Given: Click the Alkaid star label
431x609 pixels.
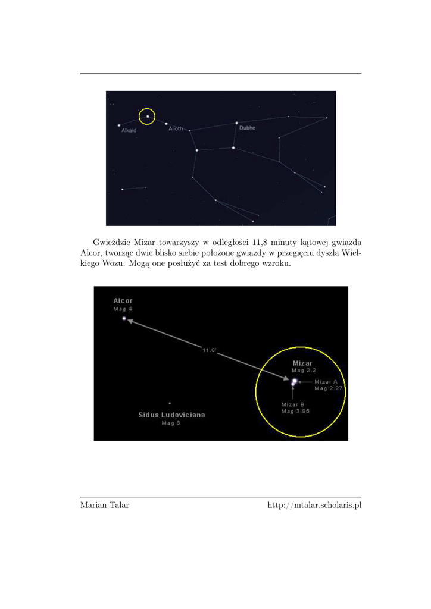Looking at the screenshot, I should coord(129,130).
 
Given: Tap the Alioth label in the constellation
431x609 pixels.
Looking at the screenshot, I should coord(176,128).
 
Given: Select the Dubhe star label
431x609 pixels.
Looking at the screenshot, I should coord(247,128).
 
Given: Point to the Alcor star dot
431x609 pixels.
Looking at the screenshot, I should coord(124,318).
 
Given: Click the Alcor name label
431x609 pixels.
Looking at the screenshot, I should coord(123,301).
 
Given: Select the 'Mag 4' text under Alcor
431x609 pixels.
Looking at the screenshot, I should coord(123,309).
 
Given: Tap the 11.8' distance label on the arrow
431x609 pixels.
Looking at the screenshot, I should coord(208,350).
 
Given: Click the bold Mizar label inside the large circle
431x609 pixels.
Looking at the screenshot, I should coord(303,363).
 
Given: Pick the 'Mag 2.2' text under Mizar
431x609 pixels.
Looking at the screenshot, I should coord(303,371).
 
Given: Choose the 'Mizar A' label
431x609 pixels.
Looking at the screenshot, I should coord(326,381).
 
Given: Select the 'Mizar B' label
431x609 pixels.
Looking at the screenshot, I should coord(293,404).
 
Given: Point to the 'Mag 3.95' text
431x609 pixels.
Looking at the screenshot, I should coord(295,411).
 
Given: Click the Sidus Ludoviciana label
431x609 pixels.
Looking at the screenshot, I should coord(171,415).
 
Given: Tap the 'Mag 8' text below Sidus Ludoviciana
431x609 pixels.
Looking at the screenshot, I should coord(171,423).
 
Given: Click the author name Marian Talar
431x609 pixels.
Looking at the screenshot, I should coord(104,506).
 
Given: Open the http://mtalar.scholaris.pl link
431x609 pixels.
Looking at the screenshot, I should coord(314,506).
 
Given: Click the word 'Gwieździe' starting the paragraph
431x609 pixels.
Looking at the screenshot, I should coord(111,242).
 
